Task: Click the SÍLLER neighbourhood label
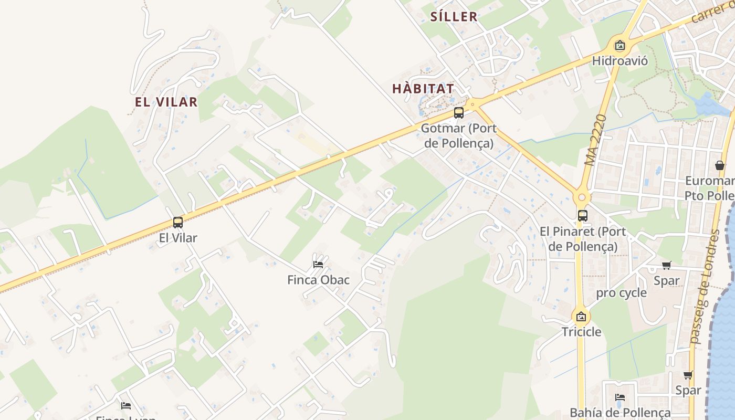[454, 16]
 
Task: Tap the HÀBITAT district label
[423, 89]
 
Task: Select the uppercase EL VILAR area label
[166, 102]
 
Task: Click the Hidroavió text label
[620, 61]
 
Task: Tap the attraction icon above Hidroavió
[620, 46]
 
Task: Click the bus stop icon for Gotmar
[459, 113]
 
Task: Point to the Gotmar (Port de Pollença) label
[459, 135]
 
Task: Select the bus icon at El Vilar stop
[178, 223]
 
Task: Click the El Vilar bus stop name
[178, 238]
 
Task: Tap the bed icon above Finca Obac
[318, 264]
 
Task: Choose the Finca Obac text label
[318, 280]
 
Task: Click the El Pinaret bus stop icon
[583, 216]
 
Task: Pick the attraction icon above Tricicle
[581, 317]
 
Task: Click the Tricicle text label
[581, 332]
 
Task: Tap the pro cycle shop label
[621, 293]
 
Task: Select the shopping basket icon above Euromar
[720, 166]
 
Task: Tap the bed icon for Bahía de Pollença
[620, 397]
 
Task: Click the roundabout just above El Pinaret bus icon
[582, 198]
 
